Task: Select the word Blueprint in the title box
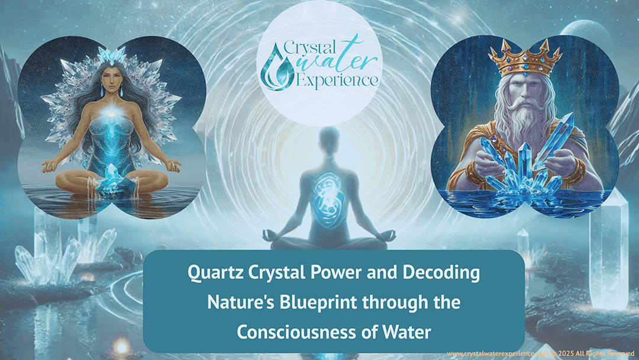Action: click(334, 302)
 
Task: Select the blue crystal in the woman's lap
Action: click(115, 177)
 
